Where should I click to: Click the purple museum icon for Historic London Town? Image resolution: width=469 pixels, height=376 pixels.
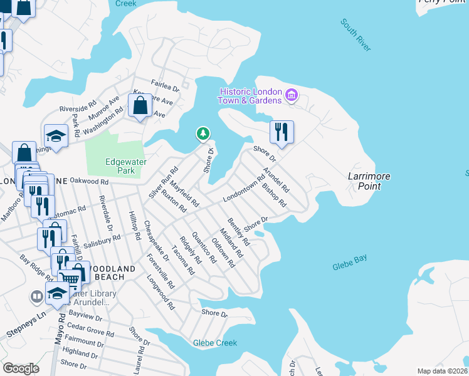[x=291, y=96]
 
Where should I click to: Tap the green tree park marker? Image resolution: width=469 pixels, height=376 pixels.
[x=203, y=133]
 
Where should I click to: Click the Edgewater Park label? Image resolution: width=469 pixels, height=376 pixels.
[x=125, y=166]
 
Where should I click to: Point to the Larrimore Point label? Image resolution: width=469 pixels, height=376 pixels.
[x=369, y=182]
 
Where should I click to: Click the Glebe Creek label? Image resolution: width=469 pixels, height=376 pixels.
[x=215, y=343]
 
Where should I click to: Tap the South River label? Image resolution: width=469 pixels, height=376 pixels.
[x=356, y=35]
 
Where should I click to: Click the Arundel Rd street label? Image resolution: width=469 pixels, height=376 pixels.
[x=277, y=179]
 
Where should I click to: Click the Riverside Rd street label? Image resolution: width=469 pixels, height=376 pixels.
[x=78, y=105]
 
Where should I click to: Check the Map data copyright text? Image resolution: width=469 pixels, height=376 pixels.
[x=442, y=371]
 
